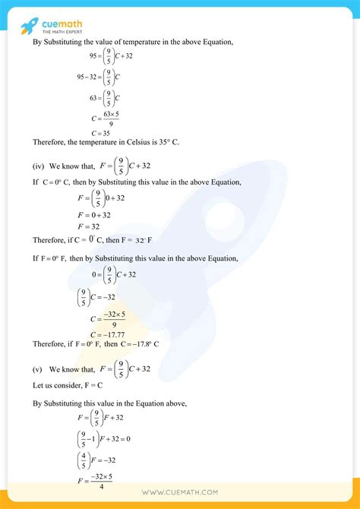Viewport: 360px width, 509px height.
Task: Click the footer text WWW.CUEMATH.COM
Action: (x=180, y=493)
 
